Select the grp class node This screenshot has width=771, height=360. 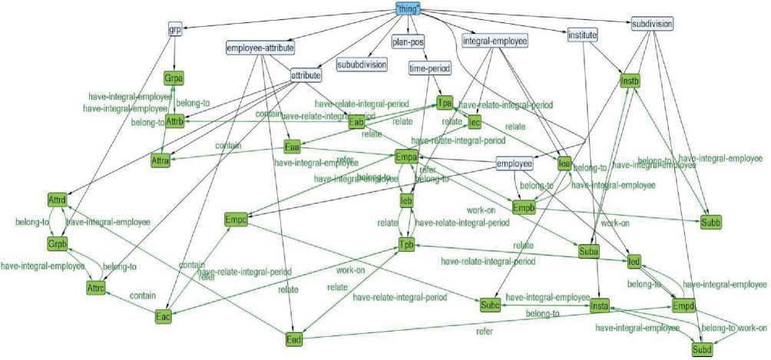tap(174, 30)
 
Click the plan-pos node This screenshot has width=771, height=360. tap(408, 42)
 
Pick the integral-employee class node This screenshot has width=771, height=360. tap(495, 41)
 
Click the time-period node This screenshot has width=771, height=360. tap(429, 68)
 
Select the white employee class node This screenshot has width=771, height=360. tap(514, 163)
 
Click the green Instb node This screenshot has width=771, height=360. tap(630, 79)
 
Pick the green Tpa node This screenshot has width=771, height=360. tap(445, 103)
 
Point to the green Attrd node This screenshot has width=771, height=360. tap(58, 200)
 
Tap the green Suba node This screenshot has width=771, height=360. tap(588, 250)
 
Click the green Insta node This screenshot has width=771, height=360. tap(600, 307)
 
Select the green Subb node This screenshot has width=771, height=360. tap(710, 223)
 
